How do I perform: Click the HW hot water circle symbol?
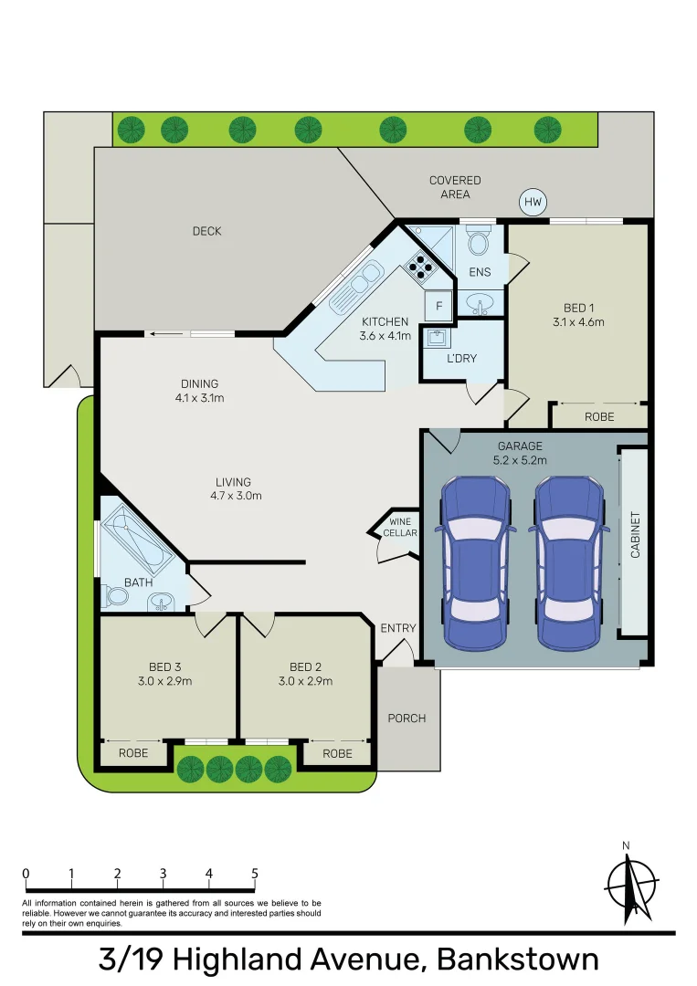click(532, 203)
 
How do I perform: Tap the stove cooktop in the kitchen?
click(421, 265)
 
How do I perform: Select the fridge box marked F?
click(439, 305)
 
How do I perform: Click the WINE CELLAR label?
click(400, 527)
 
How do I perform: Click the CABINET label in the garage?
click(635, 535)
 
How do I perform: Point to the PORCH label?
click(407, 719)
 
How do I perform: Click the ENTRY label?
click(398, 628)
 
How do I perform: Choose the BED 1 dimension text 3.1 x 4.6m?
click(578, 321)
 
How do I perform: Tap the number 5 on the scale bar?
click(255, 874)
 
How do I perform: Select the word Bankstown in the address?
click(518, 960)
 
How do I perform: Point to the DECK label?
click(207, 231)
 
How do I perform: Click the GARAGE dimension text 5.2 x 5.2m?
click(520, 460)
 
